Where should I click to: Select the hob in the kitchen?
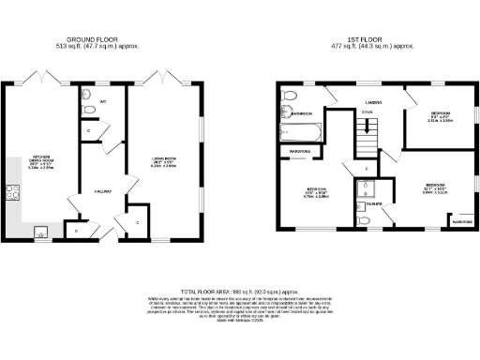point(14,194)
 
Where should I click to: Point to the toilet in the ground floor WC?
point(88,110)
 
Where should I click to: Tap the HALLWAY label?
point(104,191)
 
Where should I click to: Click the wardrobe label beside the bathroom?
point(300,150)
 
